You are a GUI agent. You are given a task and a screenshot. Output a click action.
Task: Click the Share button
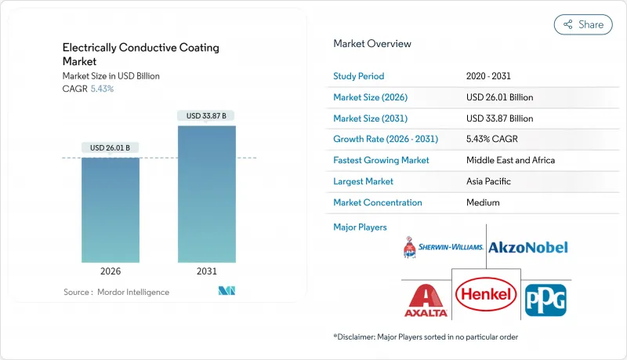583,24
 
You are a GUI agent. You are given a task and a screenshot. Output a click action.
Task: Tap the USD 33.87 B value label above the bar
207,116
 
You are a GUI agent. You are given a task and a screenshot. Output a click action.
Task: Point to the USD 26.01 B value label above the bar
111,148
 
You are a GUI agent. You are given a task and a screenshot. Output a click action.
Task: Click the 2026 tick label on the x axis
111,271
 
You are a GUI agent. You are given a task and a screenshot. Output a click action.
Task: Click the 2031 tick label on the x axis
207,271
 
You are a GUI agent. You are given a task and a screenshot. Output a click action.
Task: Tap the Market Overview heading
371,44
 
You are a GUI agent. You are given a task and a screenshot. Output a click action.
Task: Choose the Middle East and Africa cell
511,160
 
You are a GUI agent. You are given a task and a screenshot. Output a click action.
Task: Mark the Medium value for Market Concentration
483,202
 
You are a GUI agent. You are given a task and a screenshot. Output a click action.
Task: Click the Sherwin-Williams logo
440,247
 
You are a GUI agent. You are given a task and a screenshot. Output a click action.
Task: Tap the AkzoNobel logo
527,247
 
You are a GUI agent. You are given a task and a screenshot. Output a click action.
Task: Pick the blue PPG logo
545,300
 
